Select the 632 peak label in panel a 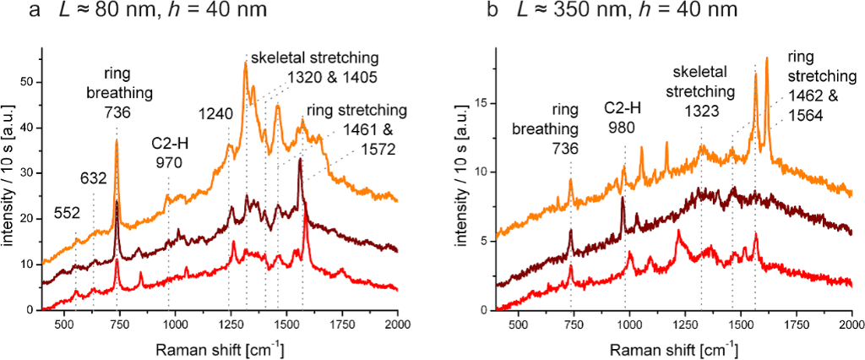click(94, 178)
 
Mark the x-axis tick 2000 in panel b click(850, 323)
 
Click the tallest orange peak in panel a click(246, 63)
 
